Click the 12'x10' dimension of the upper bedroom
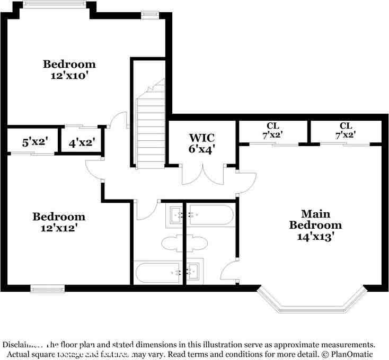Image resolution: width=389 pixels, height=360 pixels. pos(69,76)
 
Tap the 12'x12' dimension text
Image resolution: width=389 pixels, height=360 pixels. pos(59,228)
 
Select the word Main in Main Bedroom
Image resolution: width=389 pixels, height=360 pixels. pos(316,214)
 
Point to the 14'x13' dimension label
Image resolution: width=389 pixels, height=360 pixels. pos(316,237)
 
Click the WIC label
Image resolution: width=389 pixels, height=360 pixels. pos(202,139)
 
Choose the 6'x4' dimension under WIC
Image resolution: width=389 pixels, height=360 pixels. pos(202,149)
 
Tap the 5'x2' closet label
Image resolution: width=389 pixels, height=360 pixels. pos(35,142)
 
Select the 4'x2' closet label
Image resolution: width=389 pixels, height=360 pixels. pos(82,142)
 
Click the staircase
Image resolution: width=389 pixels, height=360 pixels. pos(152,127)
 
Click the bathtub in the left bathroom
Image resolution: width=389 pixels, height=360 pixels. pos(158,272)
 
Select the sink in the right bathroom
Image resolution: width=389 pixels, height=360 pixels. pos(194,271)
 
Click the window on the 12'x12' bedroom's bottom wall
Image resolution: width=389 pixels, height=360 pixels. pos(48,289)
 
